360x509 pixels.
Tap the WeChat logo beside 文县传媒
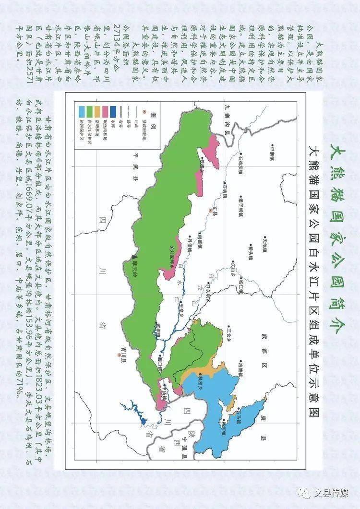(304, 493)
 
